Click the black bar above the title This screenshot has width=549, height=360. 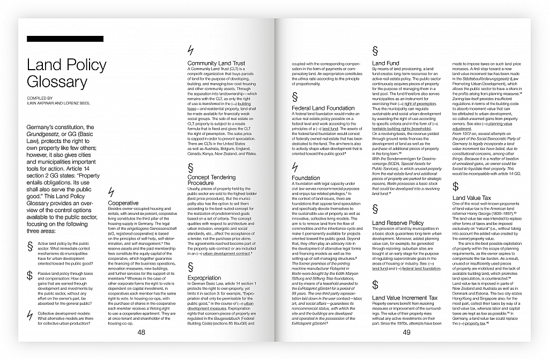(65, 39)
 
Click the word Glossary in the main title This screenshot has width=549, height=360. (57, 82)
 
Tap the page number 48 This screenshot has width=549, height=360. (141, 332)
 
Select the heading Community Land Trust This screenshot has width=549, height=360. (216, 63)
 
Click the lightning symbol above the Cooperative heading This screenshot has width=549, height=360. (111, 192)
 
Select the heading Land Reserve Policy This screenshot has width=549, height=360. (398, 223)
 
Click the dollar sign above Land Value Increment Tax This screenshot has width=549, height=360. (375, 284)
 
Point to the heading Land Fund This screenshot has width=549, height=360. (385, 63)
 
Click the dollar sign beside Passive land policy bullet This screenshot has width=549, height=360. (29, 276)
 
